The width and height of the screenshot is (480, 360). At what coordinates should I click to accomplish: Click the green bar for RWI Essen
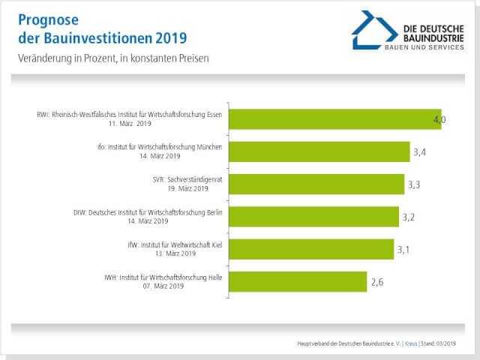point(334,119)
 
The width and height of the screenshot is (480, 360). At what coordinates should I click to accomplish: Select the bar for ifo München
point(318,151)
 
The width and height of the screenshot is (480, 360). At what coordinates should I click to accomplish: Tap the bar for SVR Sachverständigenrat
point(316,184)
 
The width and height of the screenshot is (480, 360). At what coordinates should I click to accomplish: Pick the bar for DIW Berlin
point(313,217)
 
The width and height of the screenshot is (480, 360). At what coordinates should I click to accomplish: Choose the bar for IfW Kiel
point(310,249)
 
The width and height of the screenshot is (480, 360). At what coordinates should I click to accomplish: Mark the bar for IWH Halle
point(297,282)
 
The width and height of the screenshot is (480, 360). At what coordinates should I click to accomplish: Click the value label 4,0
point(439,120)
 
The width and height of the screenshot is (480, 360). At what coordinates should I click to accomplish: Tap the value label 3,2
point(410,217)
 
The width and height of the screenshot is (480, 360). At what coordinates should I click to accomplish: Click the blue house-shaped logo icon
point(374,29)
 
